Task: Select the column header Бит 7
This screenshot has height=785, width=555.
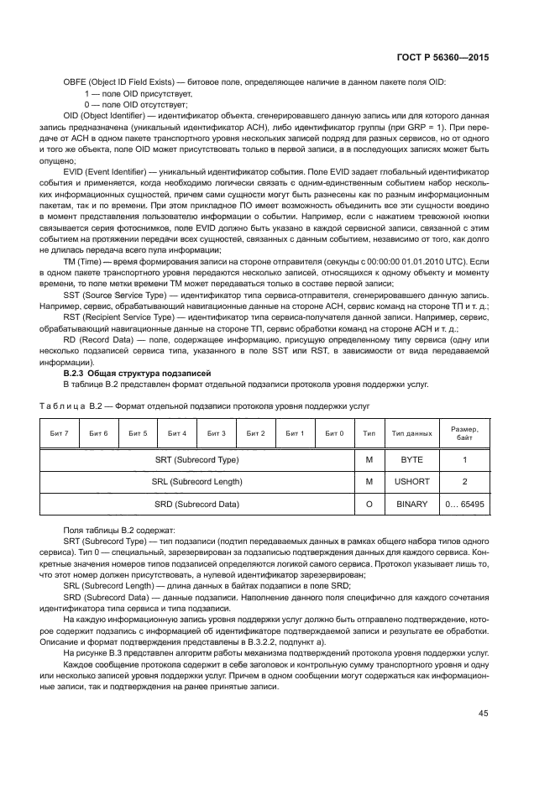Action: pyautogui.click(x=60, y=433)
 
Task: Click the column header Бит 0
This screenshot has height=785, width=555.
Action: pyautogui.click(x=334, y=433)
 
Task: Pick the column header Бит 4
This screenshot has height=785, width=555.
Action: pyautogui.click(x=177, y=433)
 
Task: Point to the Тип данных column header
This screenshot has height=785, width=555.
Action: pyautogui.click(x=411, y=433)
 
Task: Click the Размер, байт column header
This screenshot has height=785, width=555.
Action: pyautogui.click(x=464, y=433)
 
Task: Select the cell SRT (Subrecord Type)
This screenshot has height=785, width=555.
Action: pyautogui.click(x=196, y=460)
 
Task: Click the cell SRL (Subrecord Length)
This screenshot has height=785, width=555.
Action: pyautogui.click(x=196, y=482)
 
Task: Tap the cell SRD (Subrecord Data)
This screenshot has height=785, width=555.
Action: pyautogui.click(x=196, y=504)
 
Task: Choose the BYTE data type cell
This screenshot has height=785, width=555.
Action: pyautogui.click(x=411, y=460)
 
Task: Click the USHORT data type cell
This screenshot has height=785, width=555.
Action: pyautogui.click(x=411, y=482)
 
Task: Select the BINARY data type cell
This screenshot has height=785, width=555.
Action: pyautogui.click(x=411, y=504)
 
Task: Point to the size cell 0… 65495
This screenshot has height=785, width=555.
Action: pyautogui.click(x=464, y=504)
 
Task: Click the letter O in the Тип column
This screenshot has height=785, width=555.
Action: pyautogui.click(x=369, y=504)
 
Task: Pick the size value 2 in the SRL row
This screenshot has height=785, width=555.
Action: pyautogui.click(x=464, y=482)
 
